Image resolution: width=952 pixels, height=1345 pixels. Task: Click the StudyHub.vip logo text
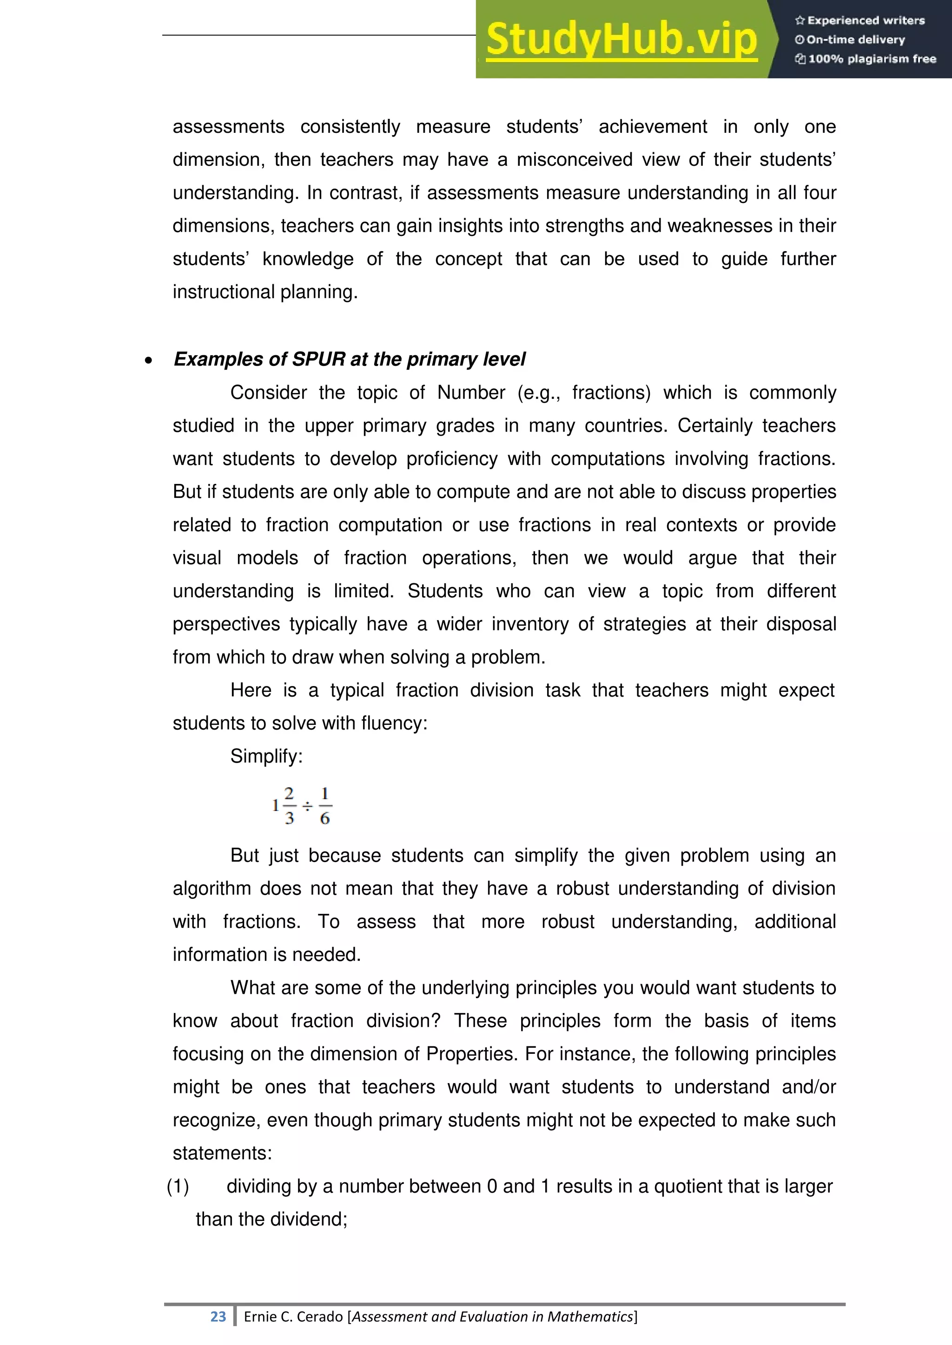coord(621,40)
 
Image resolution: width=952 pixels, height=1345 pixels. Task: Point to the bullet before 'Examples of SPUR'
coord(148,361)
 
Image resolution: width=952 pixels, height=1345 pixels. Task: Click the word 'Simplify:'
coord(266,756)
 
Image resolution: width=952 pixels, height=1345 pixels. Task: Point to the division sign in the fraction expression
coord(307,807)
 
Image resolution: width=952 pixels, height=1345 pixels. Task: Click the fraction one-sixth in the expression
coord(325,806)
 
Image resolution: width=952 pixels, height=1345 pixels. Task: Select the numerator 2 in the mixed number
coord(289,794)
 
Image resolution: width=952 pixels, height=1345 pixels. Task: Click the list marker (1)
coord(178,1186)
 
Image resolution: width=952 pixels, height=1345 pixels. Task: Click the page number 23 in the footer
coord(218,1317)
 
